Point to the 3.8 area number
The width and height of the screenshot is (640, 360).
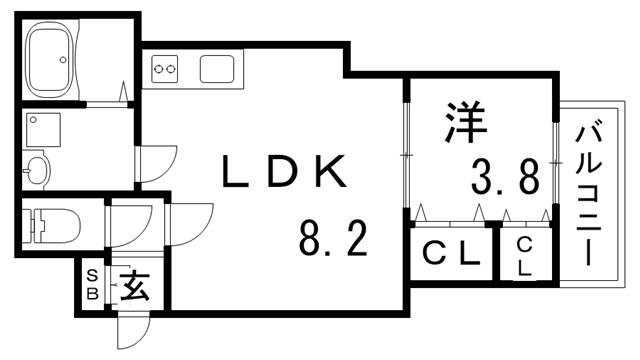point(505,177)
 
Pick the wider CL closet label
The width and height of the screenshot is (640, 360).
point(450,255)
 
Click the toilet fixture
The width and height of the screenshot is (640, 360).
point(52,226)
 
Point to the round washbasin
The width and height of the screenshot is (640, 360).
point(37,169)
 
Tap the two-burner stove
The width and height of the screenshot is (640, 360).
point(165,69)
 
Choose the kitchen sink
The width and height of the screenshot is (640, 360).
point(217,69)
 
